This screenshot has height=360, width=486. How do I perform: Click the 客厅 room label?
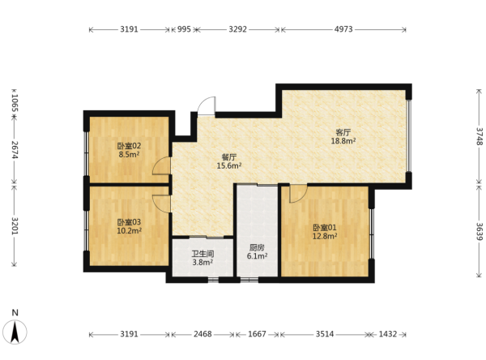343,132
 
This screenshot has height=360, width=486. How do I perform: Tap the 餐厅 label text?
229,157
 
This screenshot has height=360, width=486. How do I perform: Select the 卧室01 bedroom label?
325,228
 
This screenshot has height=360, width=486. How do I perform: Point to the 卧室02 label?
130,146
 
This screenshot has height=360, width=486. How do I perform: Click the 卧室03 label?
129,222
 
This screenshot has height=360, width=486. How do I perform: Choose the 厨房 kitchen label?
257,247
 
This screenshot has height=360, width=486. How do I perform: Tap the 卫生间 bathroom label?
202,254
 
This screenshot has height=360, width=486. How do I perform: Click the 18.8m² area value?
343,141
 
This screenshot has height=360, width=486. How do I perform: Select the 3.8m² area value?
202,263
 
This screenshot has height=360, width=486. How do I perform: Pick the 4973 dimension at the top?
343,29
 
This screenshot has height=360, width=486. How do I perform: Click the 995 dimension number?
184,29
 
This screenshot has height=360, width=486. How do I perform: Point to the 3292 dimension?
237,29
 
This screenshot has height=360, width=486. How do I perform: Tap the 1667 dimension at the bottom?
257,334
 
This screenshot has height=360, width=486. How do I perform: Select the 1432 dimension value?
388,334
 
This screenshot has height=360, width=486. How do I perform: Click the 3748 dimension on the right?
480,136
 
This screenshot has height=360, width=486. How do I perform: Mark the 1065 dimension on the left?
15,103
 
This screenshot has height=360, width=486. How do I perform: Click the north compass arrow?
15,332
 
